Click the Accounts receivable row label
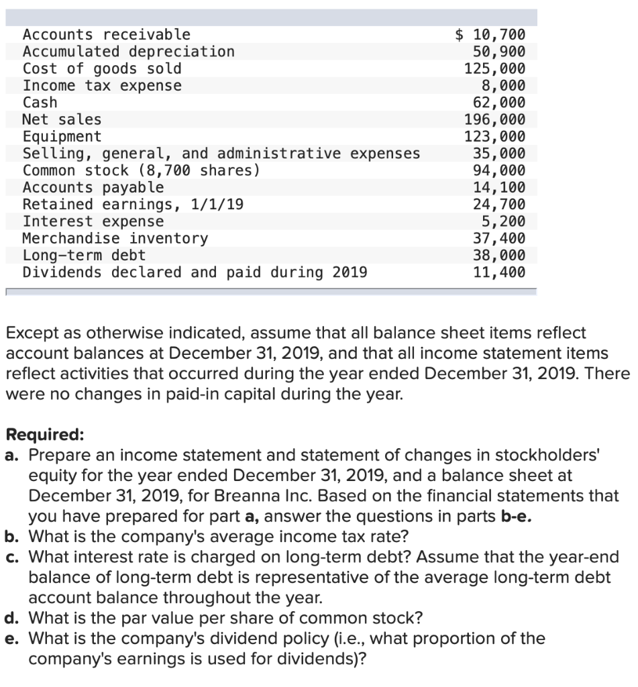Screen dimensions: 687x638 click(107, 34)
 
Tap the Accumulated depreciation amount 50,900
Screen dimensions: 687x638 click(499, 52)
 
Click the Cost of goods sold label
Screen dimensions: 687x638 click(102, 68)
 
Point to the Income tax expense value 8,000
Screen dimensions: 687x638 click(504, 85)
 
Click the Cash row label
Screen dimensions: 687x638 click(40, 103)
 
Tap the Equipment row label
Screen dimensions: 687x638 click(62, 137)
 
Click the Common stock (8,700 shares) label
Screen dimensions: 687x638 click(142, 170)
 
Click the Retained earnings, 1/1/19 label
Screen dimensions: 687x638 click(133, 205)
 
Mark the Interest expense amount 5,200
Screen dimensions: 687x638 click(504, 221)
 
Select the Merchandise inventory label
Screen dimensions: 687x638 click(115, 239)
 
